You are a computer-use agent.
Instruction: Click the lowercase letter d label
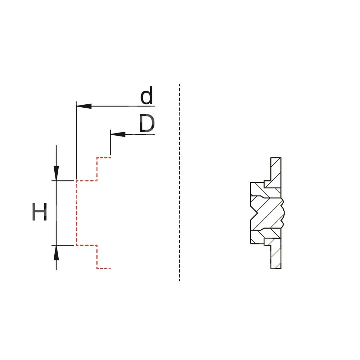click(147, 96)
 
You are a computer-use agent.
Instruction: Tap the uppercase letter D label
click(147, 124)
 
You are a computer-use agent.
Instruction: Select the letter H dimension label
click(40, 212)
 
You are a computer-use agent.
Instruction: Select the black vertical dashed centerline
click(179, 180)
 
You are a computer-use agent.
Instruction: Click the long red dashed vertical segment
click(77, 212)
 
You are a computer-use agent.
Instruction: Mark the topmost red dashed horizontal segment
click(104, 157)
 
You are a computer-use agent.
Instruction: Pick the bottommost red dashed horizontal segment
click(104, 268)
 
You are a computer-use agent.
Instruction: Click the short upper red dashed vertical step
click(97, 168)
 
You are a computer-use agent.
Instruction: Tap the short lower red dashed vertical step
click(97, 257)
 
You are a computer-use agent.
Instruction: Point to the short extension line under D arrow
click(111, 144)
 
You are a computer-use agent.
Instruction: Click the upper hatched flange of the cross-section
click(275, 173)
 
